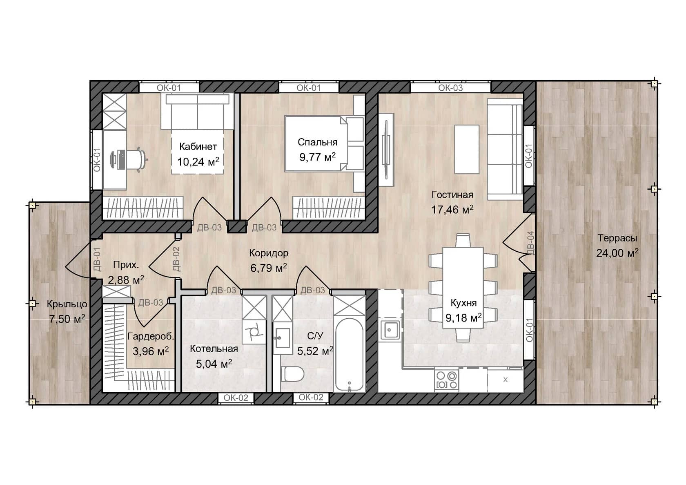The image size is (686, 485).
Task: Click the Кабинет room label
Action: (198, 147)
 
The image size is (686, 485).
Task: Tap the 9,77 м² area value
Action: (317, 157)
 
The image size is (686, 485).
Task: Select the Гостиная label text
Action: (452, 194)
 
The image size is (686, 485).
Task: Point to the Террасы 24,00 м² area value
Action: (617, 253)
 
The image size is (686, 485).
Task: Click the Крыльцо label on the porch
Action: (67, 304)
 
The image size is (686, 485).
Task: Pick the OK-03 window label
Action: (450, 88)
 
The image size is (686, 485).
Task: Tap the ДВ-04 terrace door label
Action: (531, 243)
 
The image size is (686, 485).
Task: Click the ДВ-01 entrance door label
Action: (97, 259)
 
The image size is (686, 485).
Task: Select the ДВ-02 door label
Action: (176, 259)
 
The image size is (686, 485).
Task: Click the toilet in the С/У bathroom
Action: (292, 374)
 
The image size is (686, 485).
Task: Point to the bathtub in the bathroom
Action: (349, 355)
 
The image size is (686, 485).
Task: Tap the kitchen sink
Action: (390, 330)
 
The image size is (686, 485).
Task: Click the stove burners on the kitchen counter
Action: (447, 380)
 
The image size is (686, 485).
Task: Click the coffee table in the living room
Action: (467, 150)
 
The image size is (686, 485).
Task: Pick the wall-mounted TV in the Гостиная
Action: (386, 150)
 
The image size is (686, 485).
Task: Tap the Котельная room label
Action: (214, 349)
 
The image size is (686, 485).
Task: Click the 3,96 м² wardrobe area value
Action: (150, 351)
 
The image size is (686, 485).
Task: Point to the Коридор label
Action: (269, 253)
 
